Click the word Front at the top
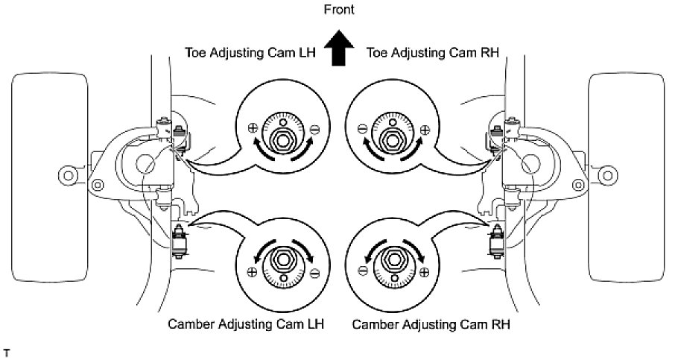(338, 10)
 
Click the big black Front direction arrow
(338, 52)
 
